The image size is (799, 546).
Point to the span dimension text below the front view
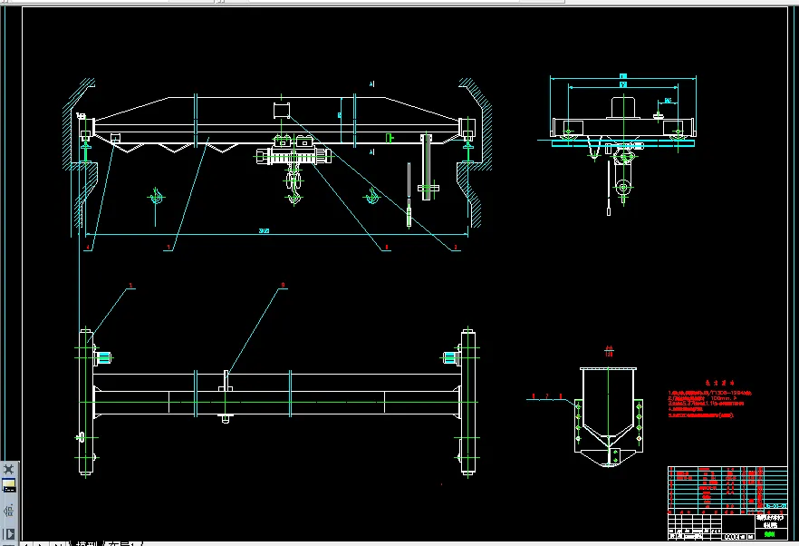point(265,231)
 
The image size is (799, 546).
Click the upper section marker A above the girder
point(371,84)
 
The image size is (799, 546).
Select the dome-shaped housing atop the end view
point(622,107)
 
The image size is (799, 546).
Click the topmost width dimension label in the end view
point(623,75)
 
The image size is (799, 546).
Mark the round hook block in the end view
point(623,189)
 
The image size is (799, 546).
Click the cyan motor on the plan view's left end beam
point(103,357)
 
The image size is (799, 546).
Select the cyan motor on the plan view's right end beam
point(449,357)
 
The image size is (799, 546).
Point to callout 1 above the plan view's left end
point(131,285)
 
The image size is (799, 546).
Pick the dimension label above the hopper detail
point(609,348)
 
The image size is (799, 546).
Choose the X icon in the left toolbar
point(9,469)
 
